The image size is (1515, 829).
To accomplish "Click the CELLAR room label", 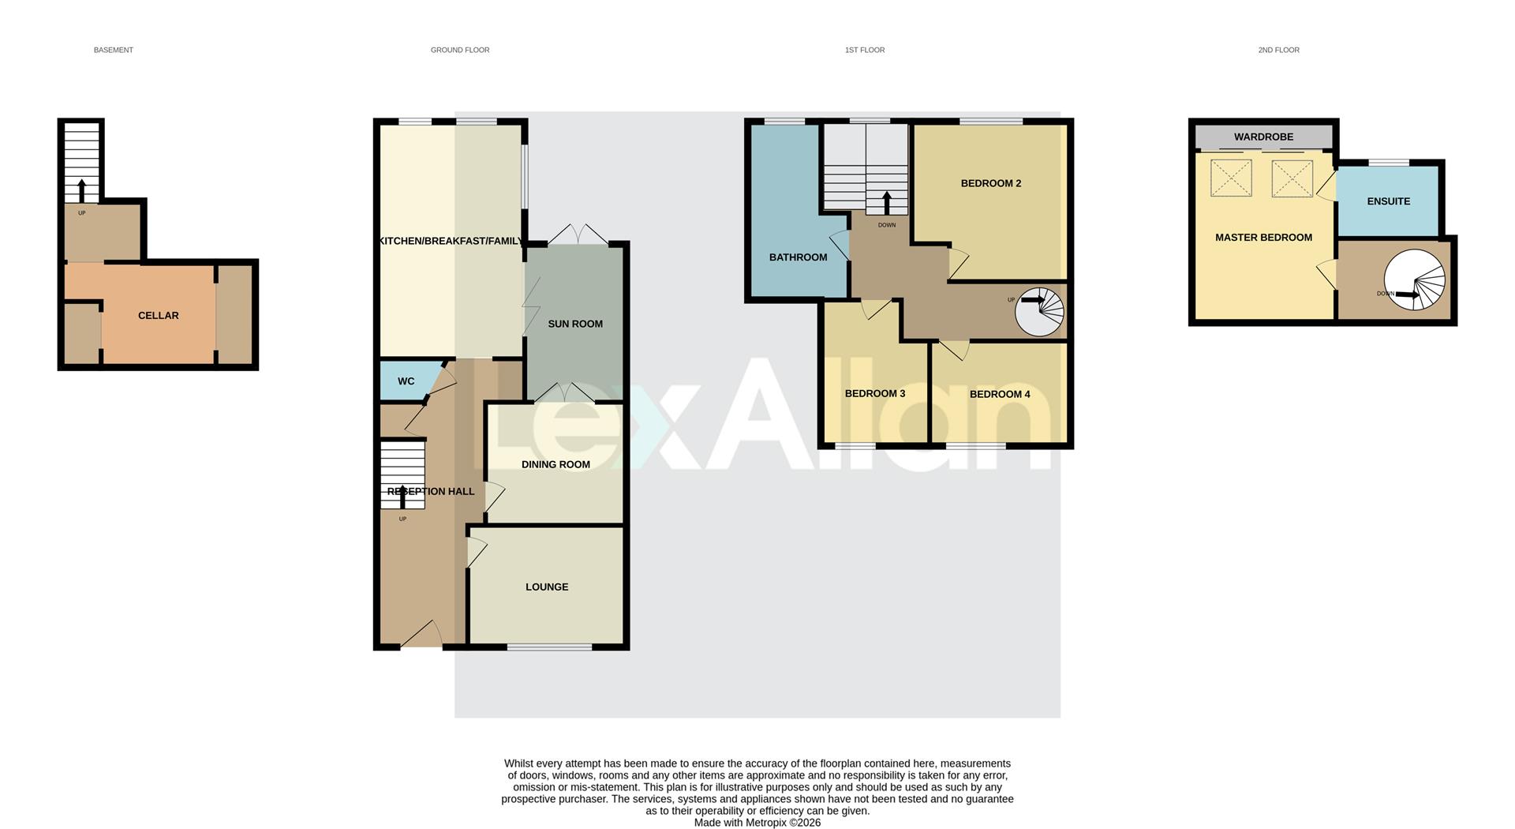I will tap(158, 316).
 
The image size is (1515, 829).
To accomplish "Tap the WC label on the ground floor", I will tap(406, 381).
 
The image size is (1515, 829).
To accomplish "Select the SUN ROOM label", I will tap(575, 324).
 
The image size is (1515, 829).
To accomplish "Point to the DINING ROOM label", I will tap(555, 464).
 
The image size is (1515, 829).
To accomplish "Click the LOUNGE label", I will tap(547, 587).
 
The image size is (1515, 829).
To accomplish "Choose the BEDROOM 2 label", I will tap(990, 183).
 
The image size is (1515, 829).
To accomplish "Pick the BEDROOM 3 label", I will tap(874, 393).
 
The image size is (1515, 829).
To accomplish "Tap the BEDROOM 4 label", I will tap(999, 394).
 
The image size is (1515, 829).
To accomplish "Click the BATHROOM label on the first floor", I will tap(798, 257).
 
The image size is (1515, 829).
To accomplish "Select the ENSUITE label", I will tap(1388, 201).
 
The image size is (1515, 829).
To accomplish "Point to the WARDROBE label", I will tap(1263, 137).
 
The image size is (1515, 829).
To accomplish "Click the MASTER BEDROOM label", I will tap(1263, 238).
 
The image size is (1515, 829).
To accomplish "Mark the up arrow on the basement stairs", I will tap(81, 189).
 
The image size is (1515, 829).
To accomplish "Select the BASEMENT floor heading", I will tap(114, 50).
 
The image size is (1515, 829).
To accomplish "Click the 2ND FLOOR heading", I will tap(1278, 50).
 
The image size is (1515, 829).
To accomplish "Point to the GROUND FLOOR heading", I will tap(459, 50).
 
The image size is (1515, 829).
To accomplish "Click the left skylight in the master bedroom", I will tap(1231, 178).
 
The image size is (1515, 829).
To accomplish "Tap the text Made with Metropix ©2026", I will tap(757, 823).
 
